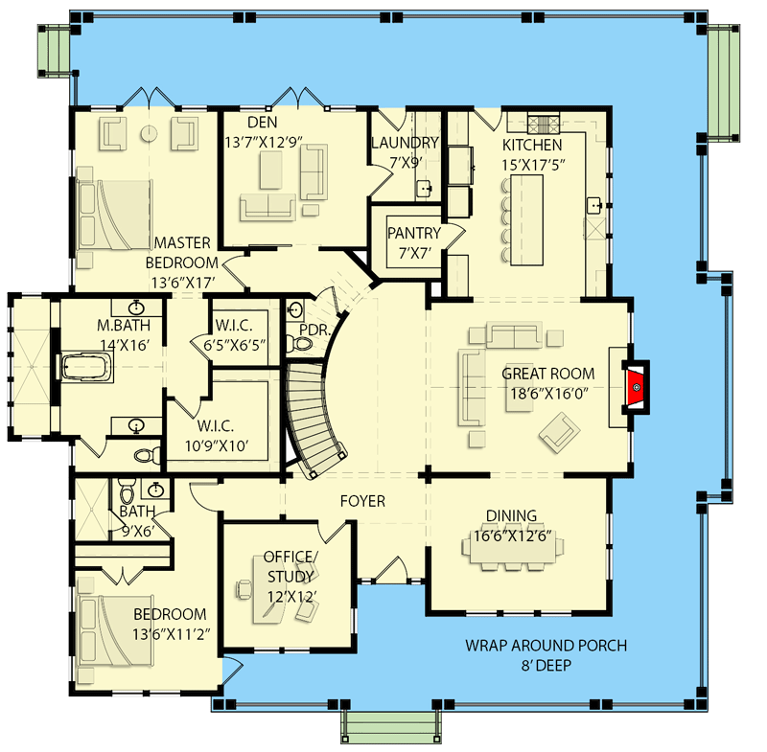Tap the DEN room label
[x=263, y=123]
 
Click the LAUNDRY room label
[x=404, y=143]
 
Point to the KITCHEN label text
[x=532, y=145]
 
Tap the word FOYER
[x=362, y=501]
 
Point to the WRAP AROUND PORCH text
[x=546, y=646]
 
